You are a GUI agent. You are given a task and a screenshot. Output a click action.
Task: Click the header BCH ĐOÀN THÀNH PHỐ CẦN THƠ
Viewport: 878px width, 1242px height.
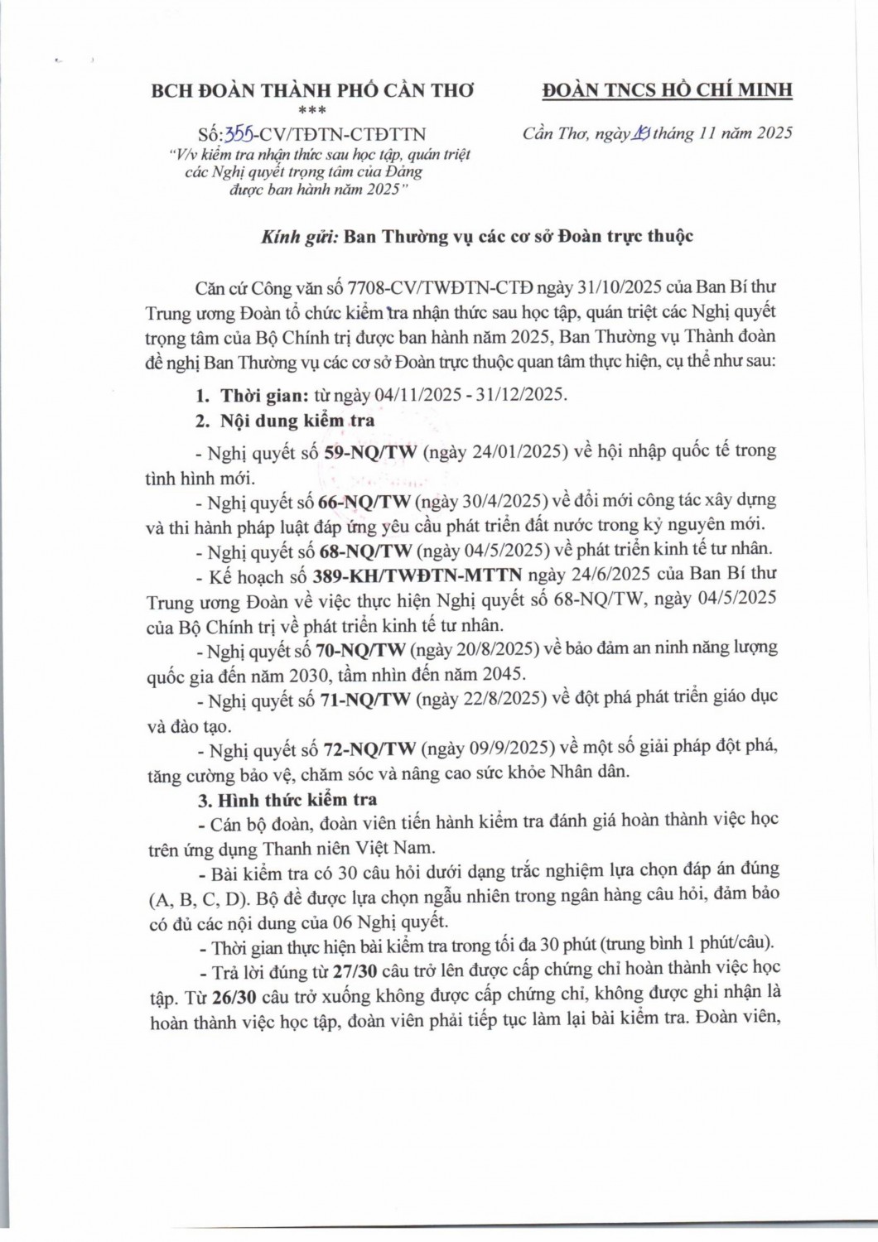tap(312, 91)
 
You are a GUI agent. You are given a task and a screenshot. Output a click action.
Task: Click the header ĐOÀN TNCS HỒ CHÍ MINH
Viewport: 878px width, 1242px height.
tap(667, 90)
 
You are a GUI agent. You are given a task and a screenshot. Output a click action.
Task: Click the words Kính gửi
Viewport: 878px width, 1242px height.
tap(299, 236)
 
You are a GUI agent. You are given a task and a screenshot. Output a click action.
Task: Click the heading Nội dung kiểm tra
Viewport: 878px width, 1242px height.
tap(297, 421)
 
